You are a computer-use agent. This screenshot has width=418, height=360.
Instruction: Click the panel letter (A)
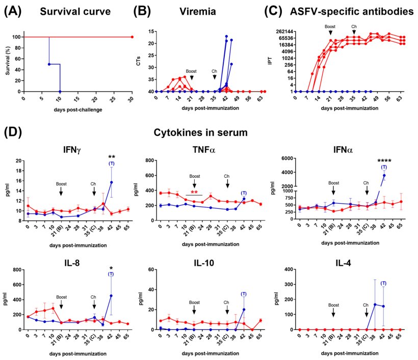(14, 11)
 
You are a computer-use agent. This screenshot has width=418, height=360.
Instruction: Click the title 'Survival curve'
(67, 11)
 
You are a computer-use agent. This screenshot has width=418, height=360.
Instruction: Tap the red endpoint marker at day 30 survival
(132, 37)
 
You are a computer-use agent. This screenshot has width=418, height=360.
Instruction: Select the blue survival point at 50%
(49, 64)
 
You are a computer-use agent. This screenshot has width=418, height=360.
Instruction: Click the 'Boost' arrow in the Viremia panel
(191, 77)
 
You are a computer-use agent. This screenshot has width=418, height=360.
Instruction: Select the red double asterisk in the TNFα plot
(194, 193)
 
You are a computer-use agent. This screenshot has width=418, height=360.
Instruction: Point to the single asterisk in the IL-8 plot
(111, 268)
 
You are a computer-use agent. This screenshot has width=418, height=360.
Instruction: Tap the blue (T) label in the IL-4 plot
(383, 283)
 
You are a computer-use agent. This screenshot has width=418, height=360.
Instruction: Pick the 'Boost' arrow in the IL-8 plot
(61, 304)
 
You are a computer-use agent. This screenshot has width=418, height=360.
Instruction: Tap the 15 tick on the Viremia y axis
(151, 32)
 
